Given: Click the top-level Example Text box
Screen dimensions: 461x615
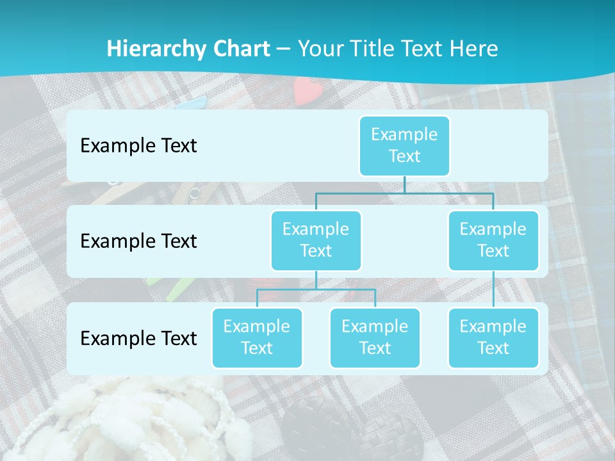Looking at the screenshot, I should click(404, 145).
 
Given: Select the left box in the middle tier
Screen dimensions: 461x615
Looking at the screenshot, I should click(316, 240).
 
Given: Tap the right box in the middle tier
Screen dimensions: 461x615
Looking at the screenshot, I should click(493, 240).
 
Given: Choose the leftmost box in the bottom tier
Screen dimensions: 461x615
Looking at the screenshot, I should click(257, 337).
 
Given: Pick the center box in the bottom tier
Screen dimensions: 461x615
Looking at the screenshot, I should click(375, 337).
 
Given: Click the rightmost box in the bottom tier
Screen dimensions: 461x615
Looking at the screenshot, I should click(493, 337).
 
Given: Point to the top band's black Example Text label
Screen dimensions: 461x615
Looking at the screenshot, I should click(138, 145).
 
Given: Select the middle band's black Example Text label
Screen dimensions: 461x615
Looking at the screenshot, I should click(138, 241).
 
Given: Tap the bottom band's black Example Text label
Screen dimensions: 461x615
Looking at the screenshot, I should click(138, 338).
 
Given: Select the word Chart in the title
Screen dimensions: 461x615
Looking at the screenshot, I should click(240, 49).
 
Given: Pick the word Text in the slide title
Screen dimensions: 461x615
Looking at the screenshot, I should click(425, 49).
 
